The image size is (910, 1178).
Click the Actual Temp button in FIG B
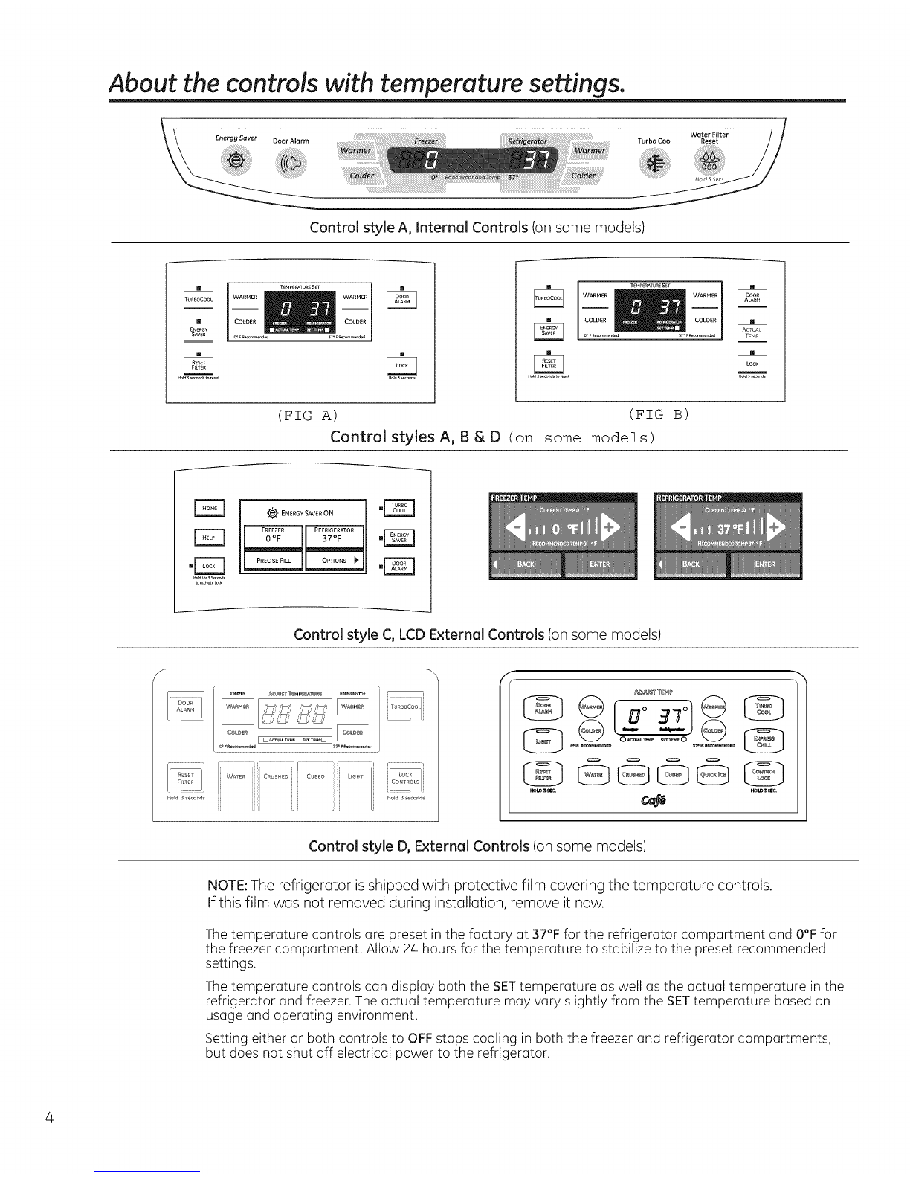(753, 332)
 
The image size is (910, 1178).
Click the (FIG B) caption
(659, 413)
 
